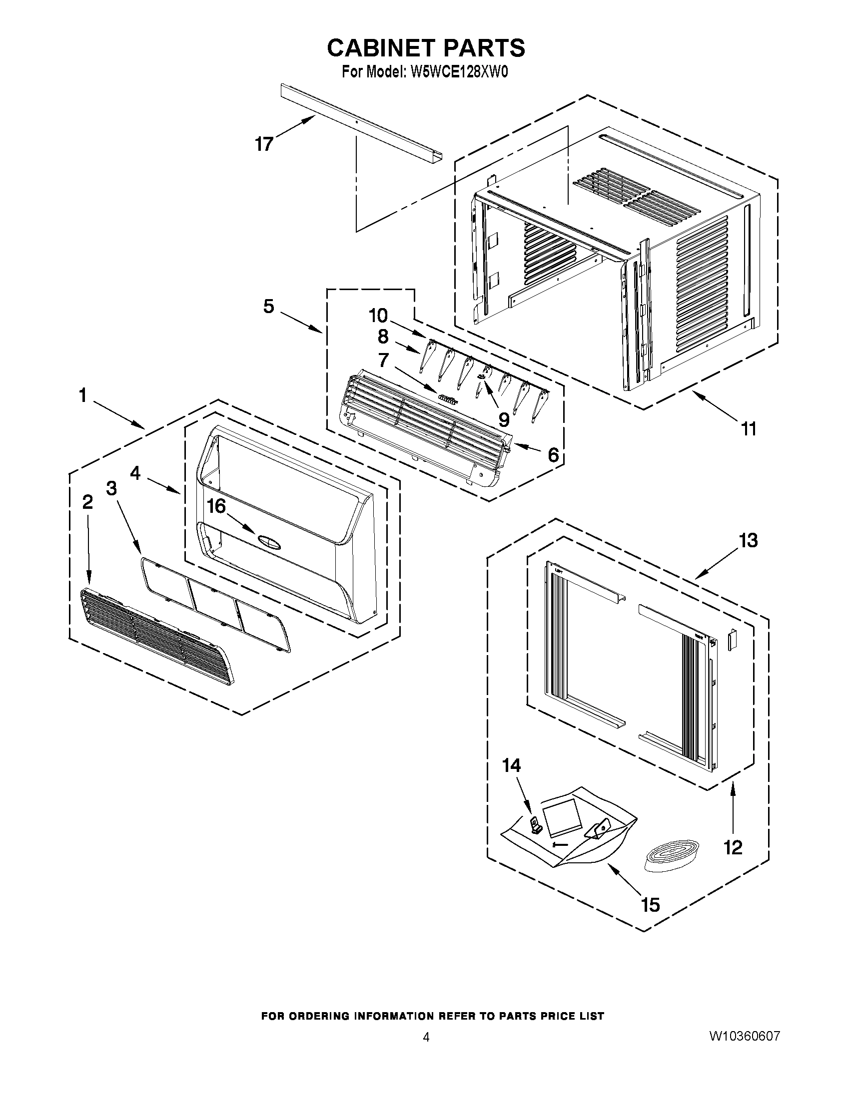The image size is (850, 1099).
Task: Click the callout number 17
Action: click(264, 144)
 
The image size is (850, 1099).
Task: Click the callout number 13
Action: click(748, 540)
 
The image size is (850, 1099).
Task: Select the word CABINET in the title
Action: click(381, 48)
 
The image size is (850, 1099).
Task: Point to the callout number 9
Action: click(503, 418)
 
